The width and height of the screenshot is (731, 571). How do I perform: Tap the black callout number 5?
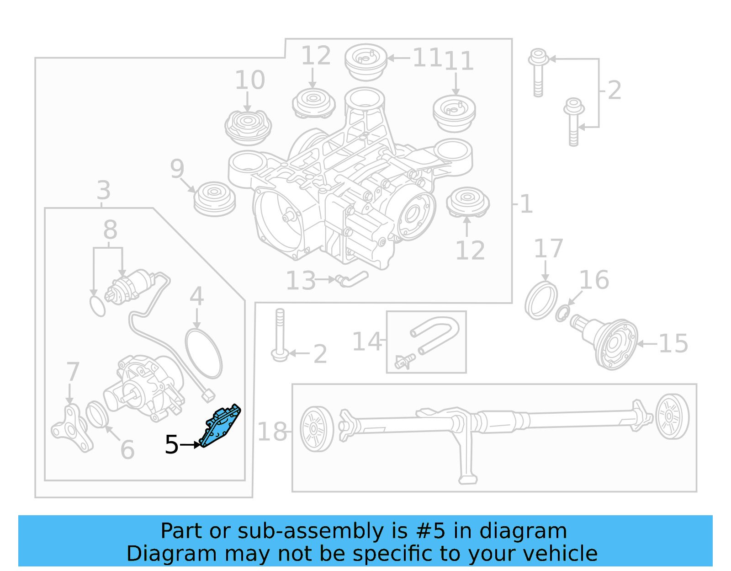pyautogui.click(x=171, y=445)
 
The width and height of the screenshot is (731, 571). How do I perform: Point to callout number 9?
pyautogui.click(x=177, y=169)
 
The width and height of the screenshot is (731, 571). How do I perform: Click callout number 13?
pyautogui.click(x=301, y=281)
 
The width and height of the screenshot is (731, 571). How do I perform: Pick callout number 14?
pyautogui.click(x=366, y=342)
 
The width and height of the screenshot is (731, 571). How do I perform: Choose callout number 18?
pyautogui.click(x=272, y=432)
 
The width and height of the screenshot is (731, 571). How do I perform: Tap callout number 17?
pyautogui.click(x=548, y=248)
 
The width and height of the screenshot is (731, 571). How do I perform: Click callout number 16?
pyautogui.click(x=594, y=280)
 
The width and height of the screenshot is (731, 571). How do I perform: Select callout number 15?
pyautogui.click(x=673, y=344)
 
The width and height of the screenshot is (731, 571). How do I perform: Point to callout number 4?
pyautogui.click(x=196, y=296)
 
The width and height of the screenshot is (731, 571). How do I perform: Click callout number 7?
pyautogui.click(x=73, y=371)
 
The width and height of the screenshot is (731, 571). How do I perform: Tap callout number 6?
pyautogui.click(x=127, y=449)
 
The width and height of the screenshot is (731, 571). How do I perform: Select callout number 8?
pyautogui.click(x=110, y=229)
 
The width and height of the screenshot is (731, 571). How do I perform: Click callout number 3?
pyautogui.click(x=104, y=190)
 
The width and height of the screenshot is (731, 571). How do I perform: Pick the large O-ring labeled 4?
pyautogui.click(x=204, y=354)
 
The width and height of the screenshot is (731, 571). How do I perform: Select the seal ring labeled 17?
pyautogui.click(x=541, y=301)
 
